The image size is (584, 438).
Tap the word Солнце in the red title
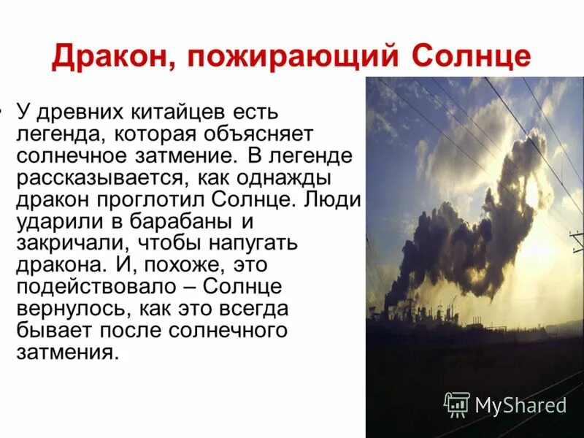[471, 57]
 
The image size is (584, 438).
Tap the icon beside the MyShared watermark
[457, 404]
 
